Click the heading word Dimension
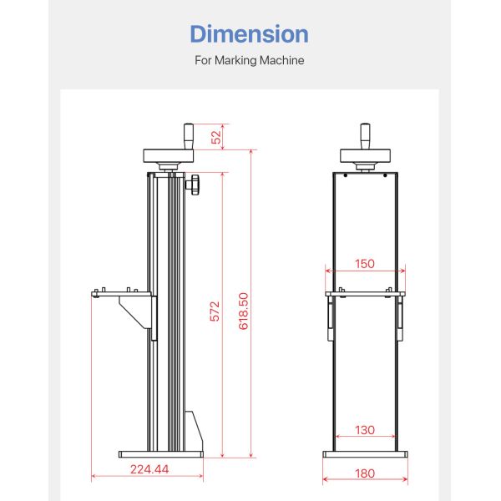[x=249, y=34]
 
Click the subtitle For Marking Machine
[x=249, y=61]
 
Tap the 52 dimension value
[x=217, y=137]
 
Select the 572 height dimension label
[x=215, y=311]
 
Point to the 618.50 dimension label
[x=243, y=311]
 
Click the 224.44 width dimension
[x=149, y=469]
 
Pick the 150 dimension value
[x=364, y=264]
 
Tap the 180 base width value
[x=364, y=473]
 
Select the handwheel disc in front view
[x=365, y=156]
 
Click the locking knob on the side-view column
[x=195, y=185]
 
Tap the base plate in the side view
[x=160, y=454]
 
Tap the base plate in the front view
[x=365, y=454]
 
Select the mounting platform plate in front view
[x=365, y=294]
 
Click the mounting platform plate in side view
[x=122, y=294]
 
